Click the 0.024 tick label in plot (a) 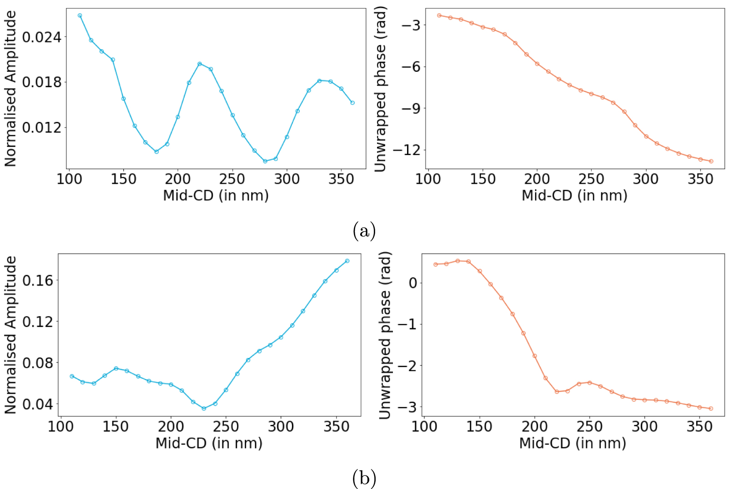click(x=41, y=37)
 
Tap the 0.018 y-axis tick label click(x=41, y=82)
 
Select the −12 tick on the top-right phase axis click(x=406, y=150)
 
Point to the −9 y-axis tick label click(x=410, y=108)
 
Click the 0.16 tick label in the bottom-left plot click(x=38, y=280)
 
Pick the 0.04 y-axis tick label click(x=38, y=404)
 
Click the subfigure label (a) click(x=364, y=231)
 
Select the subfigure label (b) click(x=364, y=478)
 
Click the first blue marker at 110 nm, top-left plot click(x=80, y=15)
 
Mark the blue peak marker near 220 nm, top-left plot click(x=200, y=64)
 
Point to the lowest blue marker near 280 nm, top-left click(x=265, y=161)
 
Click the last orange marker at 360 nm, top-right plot click(x=711, y=161)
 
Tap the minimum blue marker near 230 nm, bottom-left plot click(x=204, y=408)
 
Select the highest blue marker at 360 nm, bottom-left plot click(x=347, y=261)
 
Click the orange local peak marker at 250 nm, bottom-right click(x=590, y=383)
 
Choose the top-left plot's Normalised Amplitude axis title click(x=10, y=89)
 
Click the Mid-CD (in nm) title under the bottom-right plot click(x=573, y=443)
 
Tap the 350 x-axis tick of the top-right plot click(x=700, y=179)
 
